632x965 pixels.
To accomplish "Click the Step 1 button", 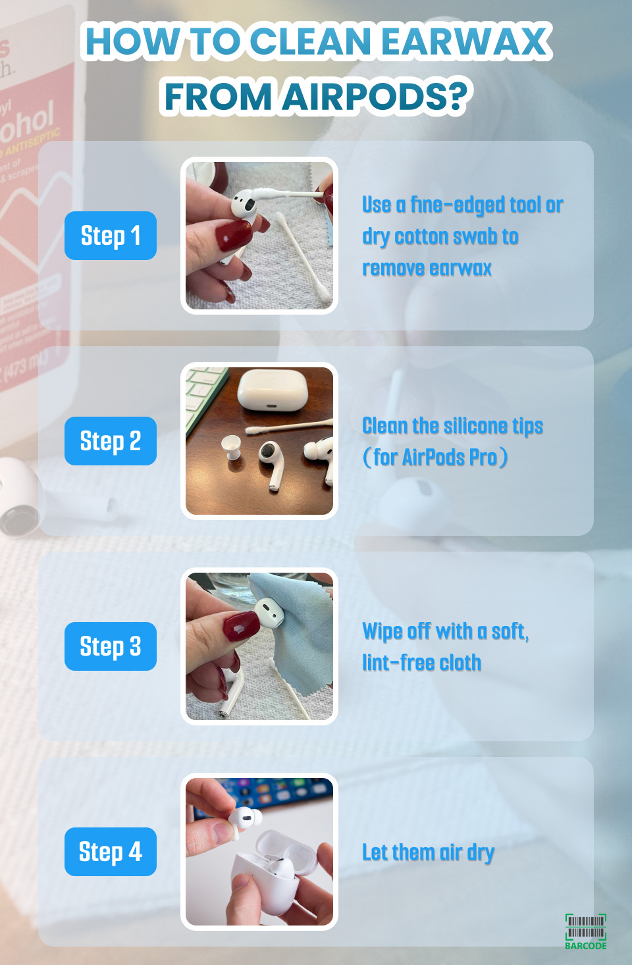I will (x=111, y=236).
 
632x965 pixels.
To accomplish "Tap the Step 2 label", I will (x=111, y=441).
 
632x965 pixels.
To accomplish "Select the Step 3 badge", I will (x=111, y=646).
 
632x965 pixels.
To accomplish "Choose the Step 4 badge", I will (x=111, y=852).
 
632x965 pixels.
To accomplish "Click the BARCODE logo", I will (x=585, y=931).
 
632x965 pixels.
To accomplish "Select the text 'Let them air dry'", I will (x=428, y=852).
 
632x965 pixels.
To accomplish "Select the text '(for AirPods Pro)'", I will (x=435, y=457).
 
